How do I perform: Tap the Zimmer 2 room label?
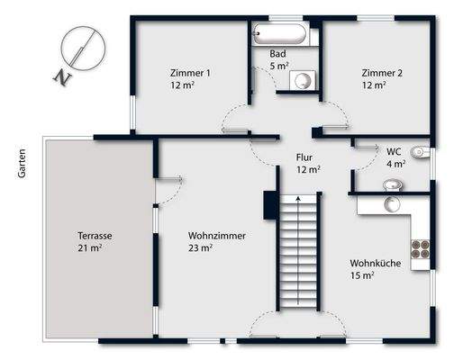pyautogui.click(x=381, y=73)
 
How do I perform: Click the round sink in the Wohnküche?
pyautogui.click(x=393, y=204)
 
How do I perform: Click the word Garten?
pyautogui.click(x=20, y=162)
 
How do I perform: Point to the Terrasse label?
pyautogui.click(x=95, y=236)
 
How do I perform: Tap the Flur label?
pyautogui.click(x=304, y=157)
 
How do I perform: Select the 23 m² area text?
pyautogui.click(x=200, y=247)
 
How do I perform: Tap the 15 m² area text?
pyautogui.click(x=362, y=275)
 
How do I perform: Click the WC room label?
pyautogui.click(x=394, y=151)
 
